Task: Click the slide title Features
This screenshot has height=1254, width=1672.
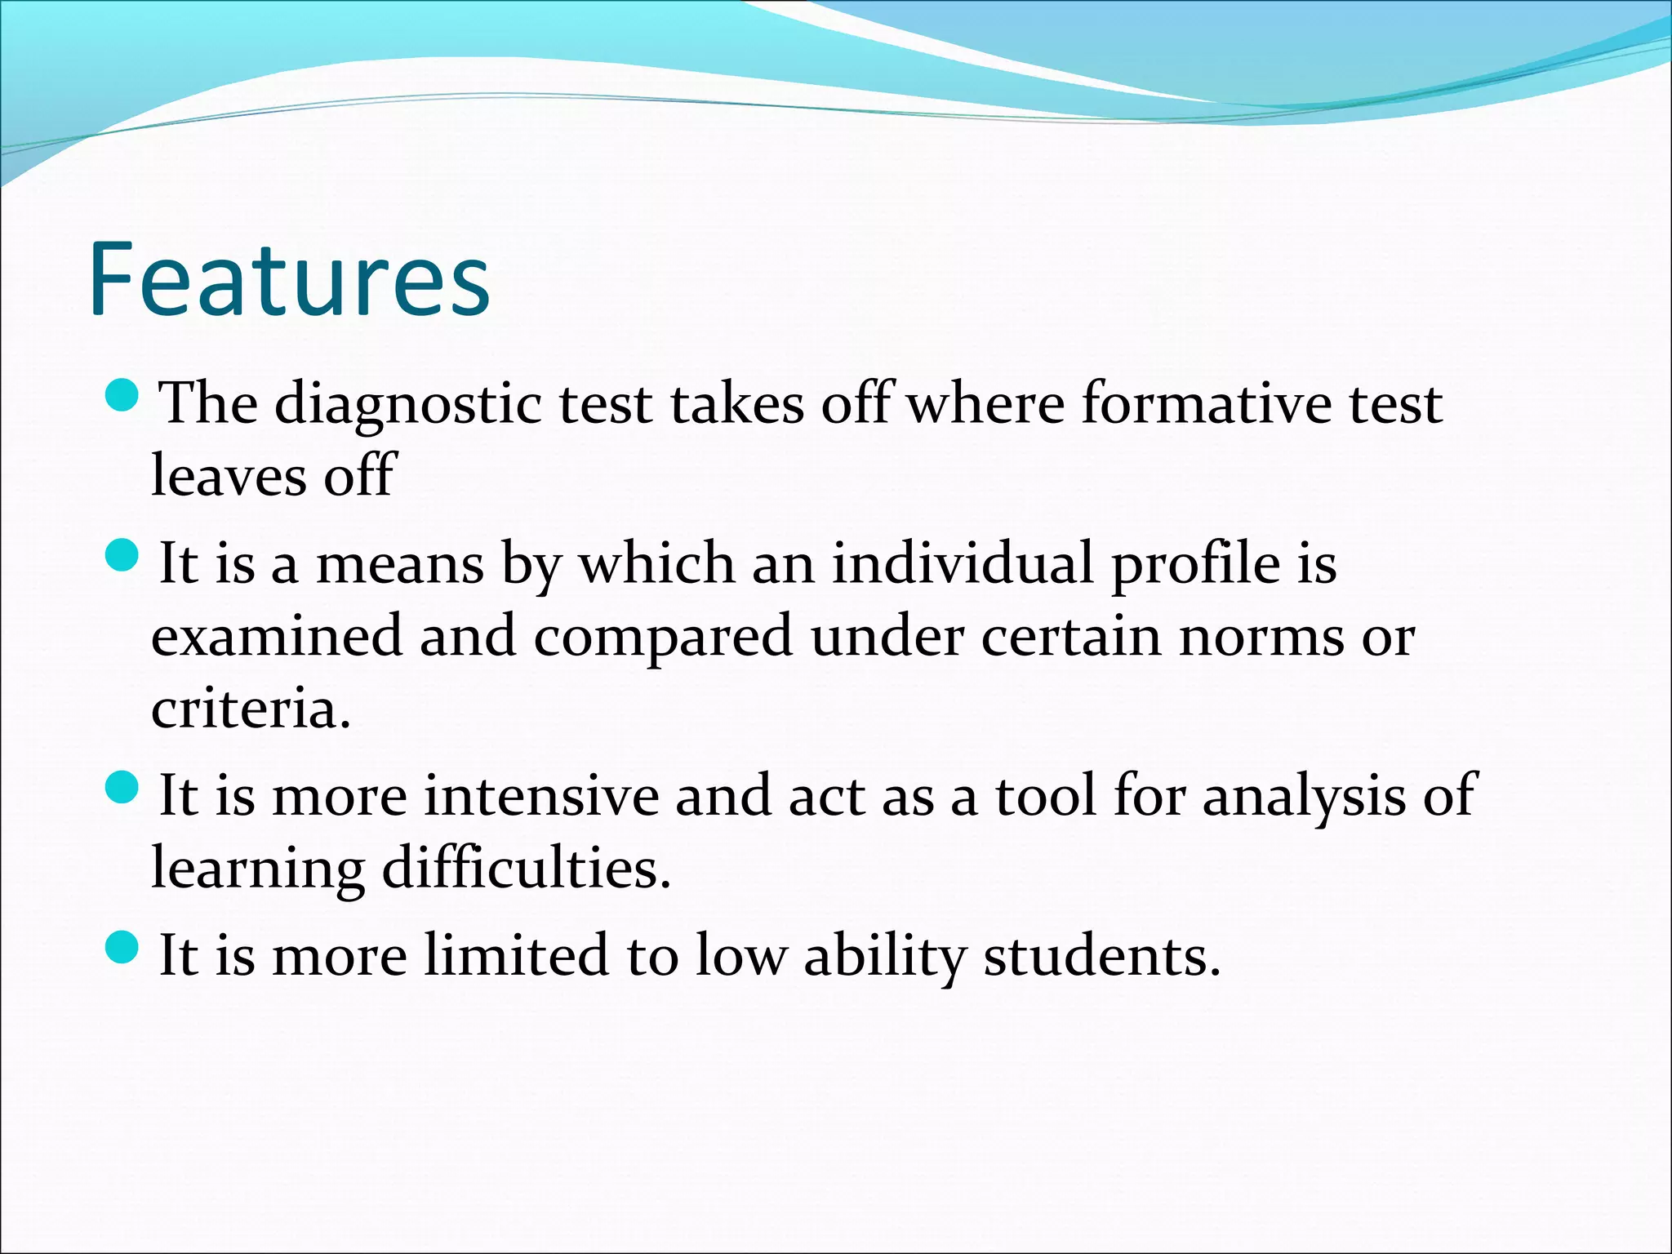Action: pyautogui.click(x=289, y=279)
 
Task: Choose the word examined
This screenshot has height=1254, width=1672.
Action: pyautogui.click(x=277, y=636)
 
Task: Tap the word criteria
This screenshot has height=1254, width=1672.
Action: pyautogui.click(x=250, y=708)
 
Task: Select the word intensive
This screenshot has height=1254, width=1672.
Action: pyautogui.click(x=541, y=796)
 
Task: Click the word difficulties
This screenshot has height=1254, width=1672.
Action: pyautogui.click(x=527, y=869)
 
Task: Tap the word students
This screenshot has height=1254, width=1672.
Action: pyautogui.click(x=1102, y=956)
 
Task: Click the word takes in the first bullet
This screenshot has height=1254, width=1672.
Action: pyautogui.click(x=737, y=403)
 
